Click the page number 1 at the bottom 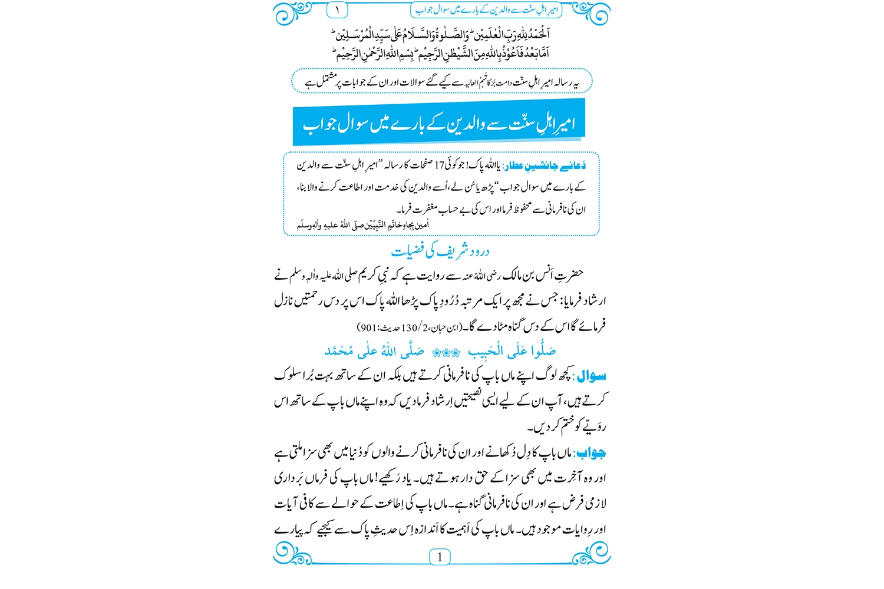(x=440, y=557)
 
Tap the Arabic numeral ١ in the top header (x=337, y=10)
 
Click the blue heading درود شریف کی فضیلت (x=440, y=251)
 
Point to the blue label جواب (x=591, y=453)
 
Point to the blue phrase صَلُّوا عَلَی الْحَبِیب (x=512, y=352)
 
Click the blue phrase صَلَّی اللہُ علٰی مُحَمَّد (x=374, y=352)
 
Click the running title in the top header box (x=486, y=10)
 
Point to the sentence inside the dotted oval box (x=442, y=82)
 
